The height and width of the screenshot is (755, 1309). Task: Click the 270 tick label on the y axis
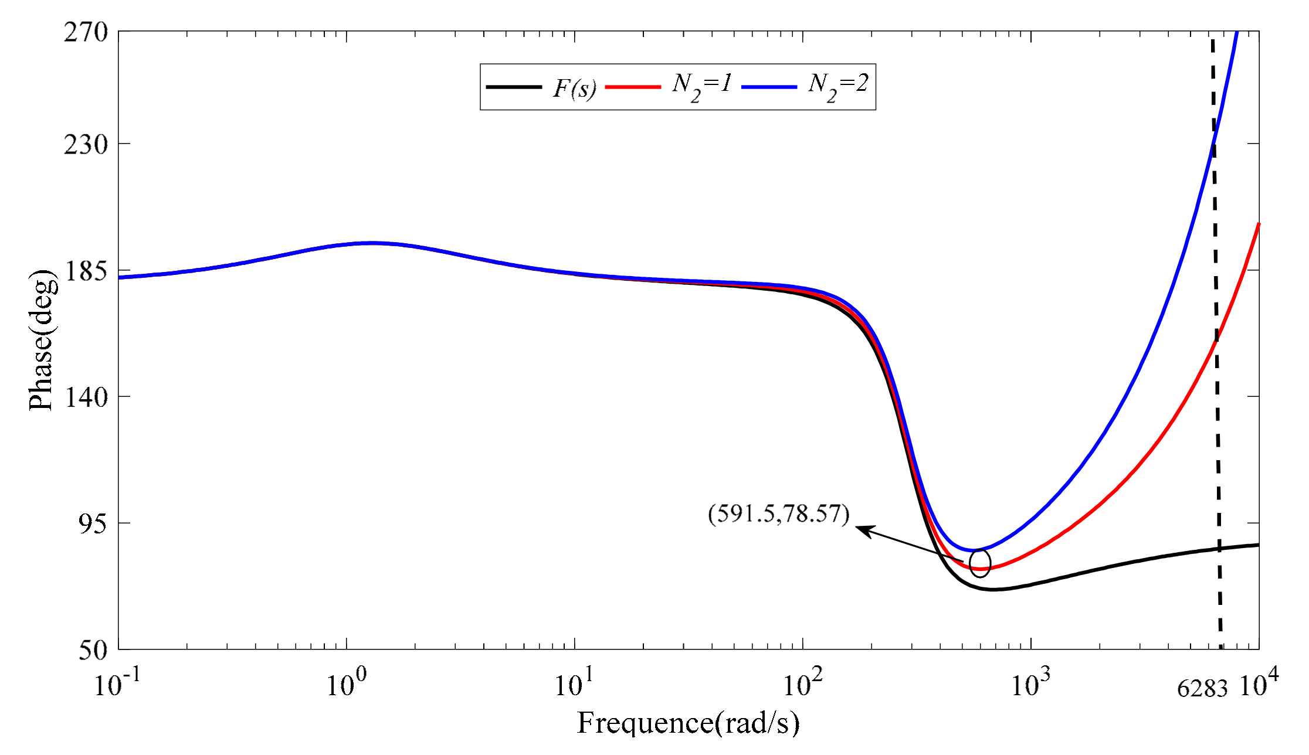pyautogui.click(x=86, y=32)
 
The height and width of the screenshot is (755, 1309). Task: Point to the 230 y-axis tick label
pyautogui.click(x=86, y=144)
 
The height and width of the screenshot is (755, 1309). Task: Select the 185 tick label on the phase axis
pyautogui.click(x=86, y=271)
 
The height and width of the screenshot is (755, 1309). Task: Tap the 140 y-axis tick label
pyautogui.click(x=86, y=397)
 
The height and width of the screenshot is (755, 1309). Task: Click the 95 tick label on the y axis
pyautogui.click(x=93, y=523)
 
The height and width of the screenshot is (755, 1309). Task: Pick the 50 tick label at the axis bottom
pyautogui.click(x=93, y=650)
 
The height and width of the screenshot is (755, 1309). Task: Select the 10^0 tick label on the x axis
pyautogui.click(x=346, y=683)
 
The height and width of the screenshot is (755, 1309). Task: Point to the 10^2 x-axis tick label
pyautogui.click(x=803, y=683)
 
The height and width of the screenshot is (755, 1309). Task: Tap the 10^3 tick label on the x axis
pyautogui.click(x=1030, y=683)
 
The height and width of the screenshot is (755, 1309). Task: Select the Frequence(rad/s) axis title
pyautogui.click(x=688, y=723)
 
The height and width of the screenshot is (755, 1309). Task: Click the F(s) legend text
pyautogui.click(x=575, y=88)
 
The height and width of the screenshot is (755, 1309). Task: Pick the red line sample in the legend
pyautogui.click(x=633, y=87)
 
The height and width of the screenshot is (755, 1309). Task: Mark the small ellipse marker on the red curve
pyautogui.click(x=980, y=563)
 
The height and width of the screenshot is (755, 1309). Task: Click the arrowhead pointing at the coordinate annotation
pyautogui.click(x=863, y=529)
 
